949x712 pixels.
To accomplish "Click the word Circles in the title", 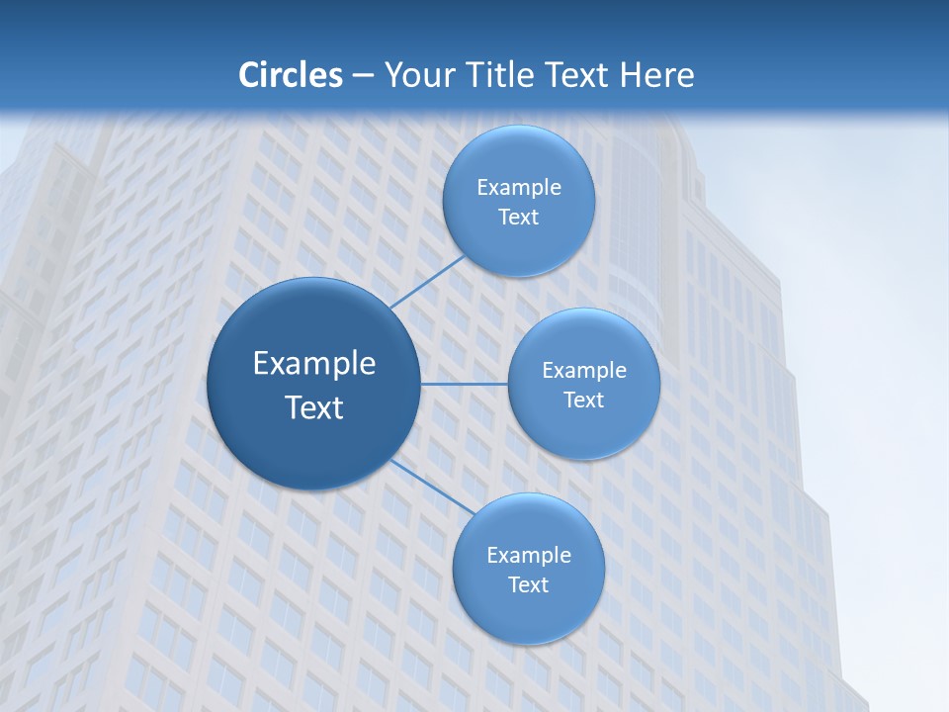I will (x=290, y=75).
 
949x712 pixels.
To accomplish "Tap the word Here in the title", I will (x=656, y=75).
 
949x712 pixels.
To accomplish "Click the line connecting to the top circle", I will (x=427, y=282).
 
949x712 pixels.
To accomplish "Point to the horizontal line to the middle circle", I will (x=464, y=384).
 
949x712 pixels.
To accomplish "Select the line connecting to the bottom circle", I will (x=431, y=487).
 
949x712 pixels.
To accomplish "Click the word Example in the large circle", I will (x=314, y=364).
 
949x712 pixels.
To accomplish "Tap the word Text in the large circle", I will (x=314, y=407).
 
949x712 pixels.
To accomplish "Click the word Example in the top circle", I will (x=519, y=188).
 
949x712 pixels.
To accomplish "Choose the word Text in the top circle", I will (x=519, y=218).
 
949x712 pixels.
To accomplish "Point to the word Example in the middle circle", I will (x=583, y=371).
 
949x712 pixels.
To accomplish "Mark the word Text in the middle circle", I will (x=583, y=400).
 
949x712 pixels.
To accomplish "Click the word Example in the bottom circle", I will (x=528, y=556).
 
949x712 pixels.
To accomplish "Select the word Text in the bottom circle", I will (x=528, y=585).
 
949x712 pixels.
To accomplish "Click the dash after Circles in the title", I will (x=362, y=76).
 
